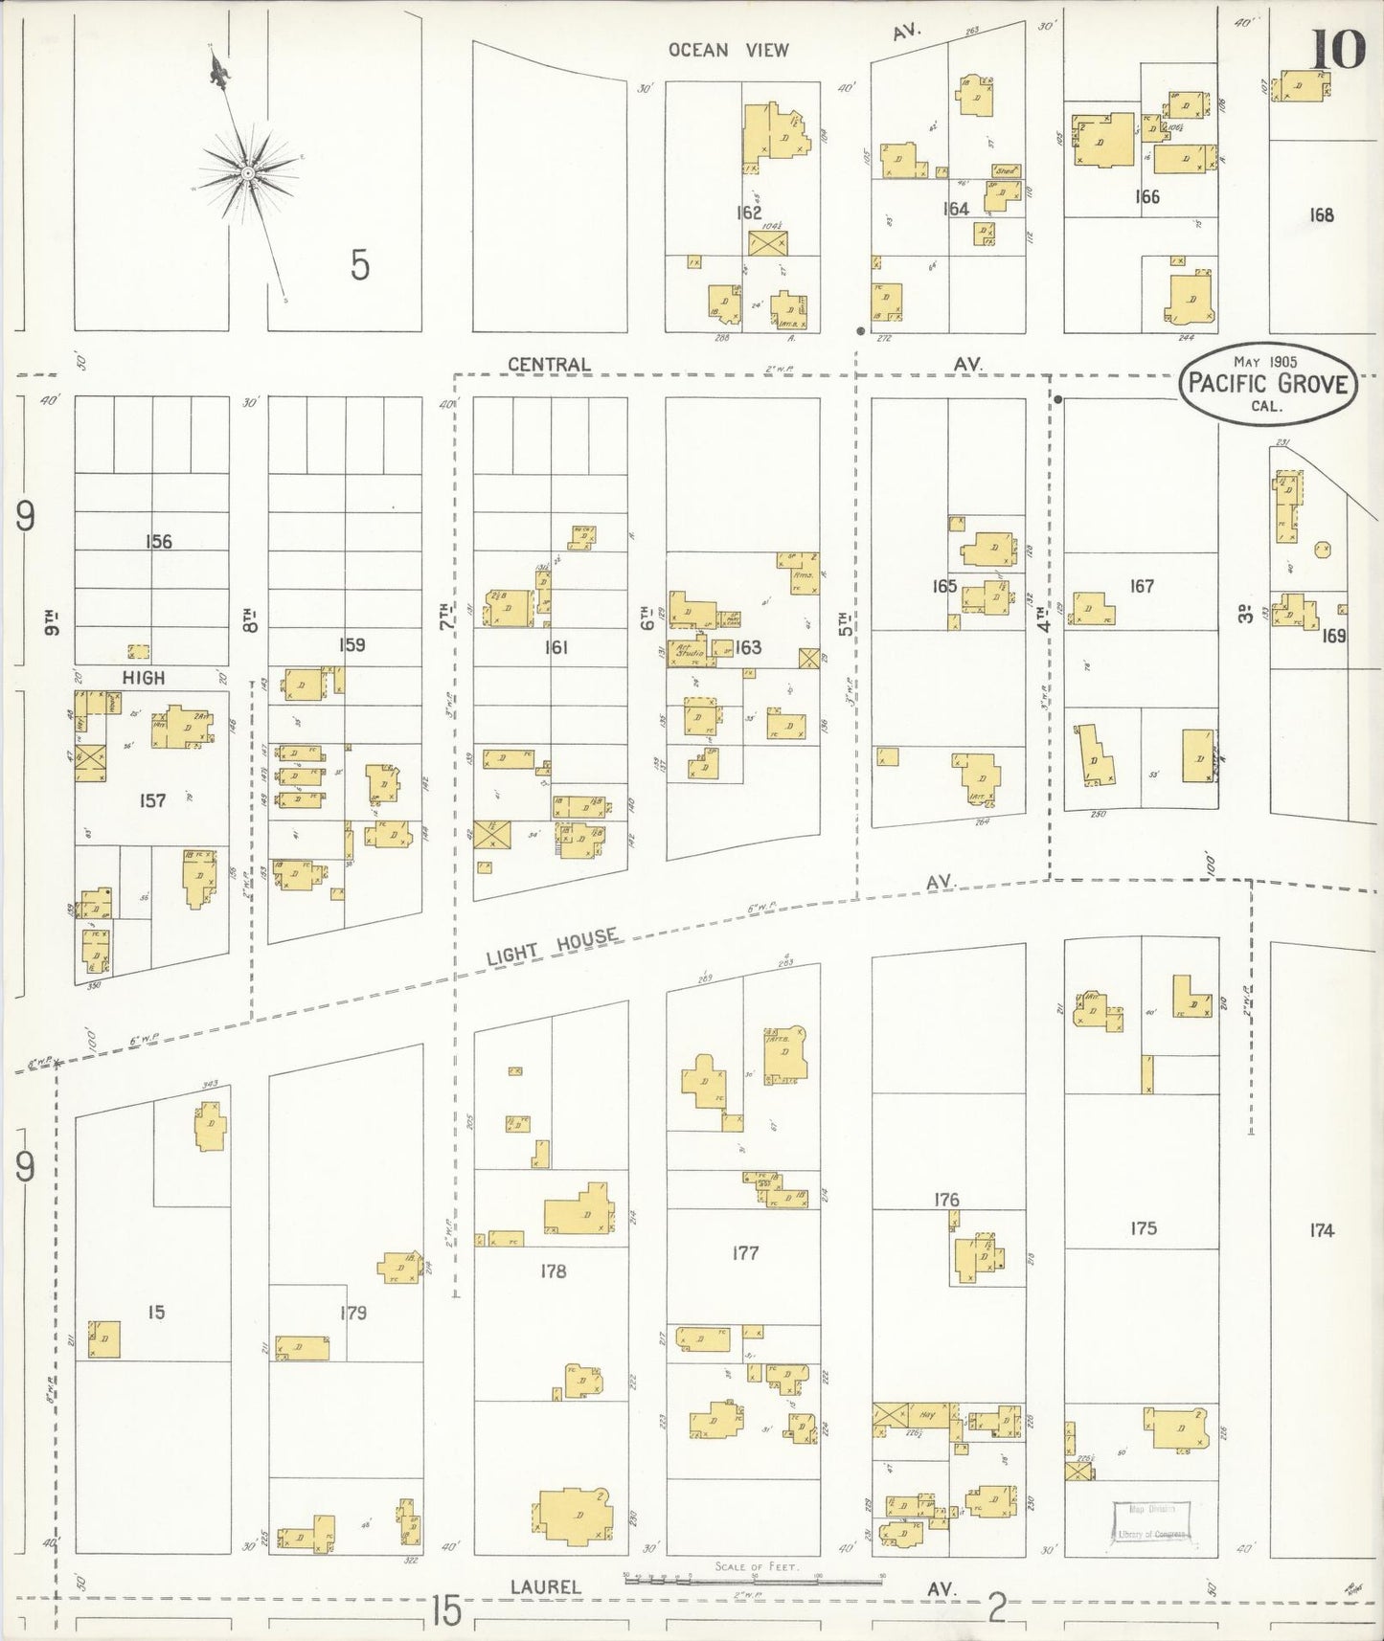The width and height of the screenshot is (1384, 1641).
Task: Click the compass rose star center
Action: (x=247, y=172)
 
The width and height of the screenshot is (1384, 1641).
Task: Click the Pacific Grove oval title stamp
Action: (x=1268, y=384)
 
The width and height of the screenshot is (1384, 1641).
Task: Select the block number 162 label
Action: (x=748, y=213)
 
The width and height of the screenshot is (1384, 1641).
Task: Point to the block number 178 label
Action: (x=553, y=1270)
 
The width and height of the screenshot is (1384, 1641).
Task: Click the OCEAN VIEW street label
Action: (x=728, y=50)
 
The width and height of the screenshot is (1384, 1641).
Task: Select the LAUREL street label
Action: (x=545, y=1586)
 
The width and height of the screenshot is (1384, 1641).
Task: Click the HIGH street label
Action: (x=144, y=677)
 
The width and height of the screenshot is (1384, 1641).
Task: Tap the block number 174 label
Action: (x=1321, y=1230)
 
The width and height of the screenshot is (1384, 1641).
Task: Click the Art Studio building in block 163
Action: (x=690, y=651)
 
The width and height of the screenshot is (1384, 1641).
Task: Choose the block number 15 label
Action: (x=156, y=1312)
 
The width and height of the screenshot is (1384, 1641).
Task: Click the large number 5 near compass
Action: (x=358, y=265)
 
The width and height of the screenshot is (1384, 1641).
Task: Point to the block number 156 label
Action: (x=158, y=542)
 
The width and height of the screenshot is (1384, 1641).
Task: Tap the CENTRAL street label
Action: (x=549, y=364)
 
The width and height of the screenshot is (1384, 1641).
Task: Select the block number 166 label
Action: (x=1146, y=196)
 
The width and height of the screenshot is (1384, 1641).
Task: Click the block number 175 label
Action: (x=1143, y=1227)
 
